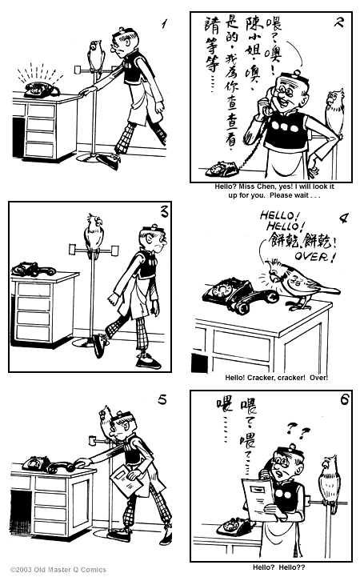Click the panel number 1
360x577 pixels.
(x=164, y=25)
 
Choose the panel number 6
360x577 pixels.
(x=344, y=400)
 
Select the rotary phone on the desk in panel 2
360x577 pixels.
(x=218, y=169)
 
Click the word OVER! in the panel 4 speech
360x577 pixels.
(x=316, y=256)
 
